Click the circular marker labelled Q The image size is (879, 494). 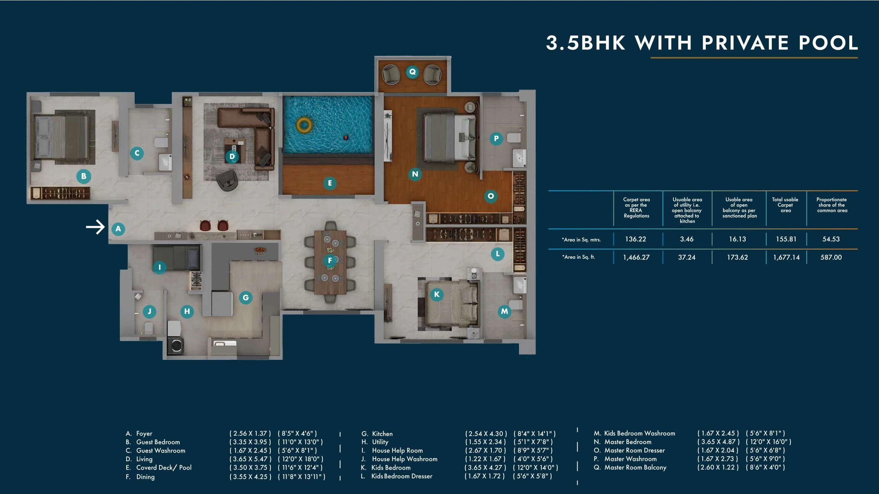click(412, 72)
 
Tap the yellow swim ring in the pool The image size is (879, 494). click(304, 125)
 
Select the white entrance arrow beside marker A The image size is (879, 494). click(95, 227)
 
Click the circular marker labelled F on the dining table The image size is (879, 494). click(330, 261)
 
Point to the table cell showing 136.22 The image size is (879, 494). click(635, 239)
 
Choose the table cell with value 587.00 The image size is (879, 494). click(831, 257)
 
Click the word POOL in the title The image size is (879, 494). click(828, 43)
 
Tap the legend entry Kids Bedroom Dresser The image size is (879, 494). click(402, 476)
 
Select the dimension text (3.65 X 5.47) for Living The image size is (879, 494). click(250, 459)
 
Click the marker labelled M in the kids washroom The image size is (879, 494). click(504, 311)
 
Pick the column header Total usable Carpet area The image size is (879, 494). click(785, 205)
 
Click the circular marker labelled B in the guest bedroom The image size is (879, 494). click(84, 176)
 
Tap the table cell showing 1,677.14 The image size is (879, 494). click(786, 257)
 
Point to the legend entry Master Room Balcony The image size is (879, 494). click(635, 467)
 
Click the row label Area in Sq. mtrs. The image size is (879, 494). click(581, 240)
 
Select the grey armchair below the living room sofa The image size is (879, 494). click(227, 180)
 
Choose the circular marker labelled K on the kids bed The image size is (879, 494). click(436, 294)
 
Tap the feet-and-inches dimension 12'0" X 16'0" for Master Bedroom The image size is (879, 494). click(768, 442)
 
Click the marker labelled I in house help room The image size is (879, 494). click(159, 267)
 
